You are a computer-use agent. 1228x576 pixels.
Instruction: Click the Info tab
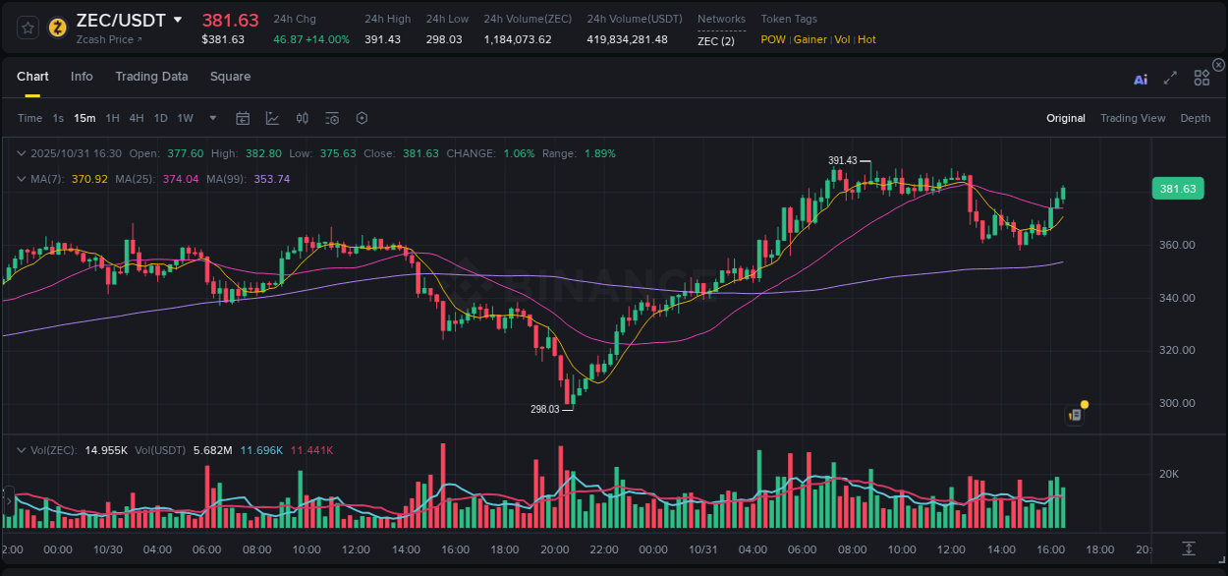pos(82,77)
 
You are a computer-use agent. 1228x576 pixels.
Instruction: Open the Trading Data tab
pos(151,77)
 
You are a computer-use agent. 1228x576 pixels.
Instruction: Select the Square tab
pos(230,77)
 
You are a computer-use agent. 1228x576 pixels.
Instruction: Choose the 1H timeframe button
pos(112,118)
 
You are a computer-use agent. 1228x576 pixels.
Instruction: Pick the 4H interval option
pos(136,118)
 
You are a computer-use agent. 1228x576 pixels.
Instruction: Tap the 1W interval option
pos(185,118)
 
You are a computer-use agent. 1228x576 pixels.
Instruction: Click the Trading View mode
pos(1132,118)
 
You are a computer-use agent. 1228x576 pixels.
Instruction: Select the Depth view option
pos(1195,118)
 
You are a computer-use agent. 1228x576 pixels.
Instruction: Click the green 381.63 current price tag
pos(1177,189)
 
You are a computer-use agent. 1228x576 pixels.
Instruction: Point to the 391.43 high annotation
pos(843,160)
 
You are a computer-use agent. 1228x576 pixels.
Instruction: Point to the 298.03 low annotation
pos(545,409)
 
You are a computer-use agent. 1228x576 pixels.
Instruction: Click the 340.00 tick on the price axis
pos(1177,298)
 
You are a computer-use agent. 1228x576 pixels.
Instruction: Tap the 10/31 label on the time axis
pos(703,549)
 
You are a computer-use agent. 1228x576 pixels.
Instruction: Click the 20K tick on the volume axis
pos(1169,474)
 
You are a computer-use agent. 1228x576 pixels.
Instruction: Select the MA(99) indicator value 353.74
pos(272,179)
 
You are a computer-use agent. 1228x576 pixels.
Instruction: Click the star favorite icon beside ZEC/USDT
pos(28,27)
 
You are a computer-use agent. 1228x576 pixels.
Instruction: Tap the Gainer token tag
pos(810,39)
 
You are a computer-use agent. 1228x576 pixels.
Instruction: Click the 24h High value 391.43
pos(382,39)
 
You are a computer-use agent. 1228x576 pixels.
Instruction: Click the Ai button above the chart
pos(1141,80)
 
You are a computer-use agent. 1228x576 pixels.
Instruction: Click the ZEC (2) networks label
pos(715,39)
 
